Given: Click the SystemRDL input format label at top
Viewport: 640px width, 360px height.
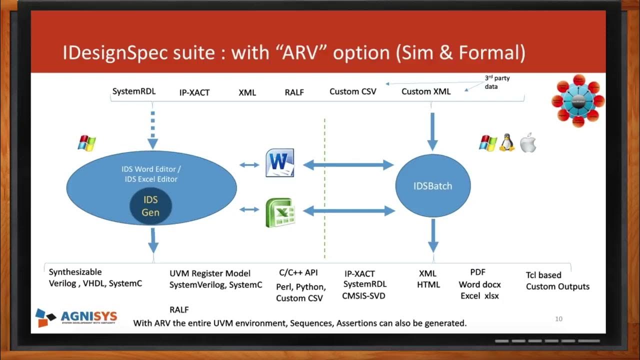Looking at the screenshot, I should [134, 91].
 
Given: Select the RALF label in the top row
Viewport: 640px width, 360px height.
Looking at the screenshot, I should [294, 92].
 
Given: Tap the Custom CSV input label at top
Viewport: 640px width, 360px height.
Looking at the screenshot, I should [352, 91].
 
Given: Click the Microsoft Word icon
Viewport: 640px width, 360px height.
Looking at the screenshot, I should [279, 163].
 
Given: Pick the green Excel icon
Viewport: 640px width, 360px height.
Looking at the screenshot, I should [279, 212].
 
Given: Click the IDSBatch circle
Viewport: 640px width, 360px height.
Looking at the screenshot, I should [433, 186].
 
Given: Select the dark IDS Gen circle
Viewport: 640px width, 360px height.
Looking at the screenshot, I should [150, 206].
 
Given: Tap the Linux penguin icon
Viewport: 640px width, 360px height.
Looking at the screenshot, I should [506, 143].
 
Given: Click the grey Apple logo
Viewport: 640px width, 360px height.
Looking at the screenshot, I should [528, 143].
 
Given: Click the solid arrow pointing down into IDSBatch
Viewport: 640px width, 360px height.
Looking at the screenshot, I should [432, 131].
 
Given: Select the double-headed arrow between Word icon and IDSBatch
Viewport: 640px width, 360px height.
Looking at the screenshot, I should [348, 164].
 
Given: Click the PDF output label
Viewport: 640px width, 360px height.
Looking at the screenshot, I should [477, 272].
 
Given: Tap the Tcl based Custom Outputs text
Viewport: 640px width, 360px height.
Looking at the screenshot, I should [557, 281].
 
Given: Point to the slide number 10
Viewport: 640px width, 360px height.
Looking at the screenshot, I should [559, 318].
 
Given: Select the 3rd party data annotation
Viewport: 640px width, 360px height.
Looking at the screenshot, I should [497, 82].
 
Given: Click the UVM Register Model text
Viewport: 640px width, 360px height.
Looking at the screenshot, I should [210, 273].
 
